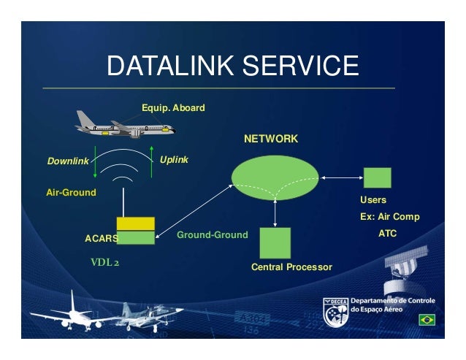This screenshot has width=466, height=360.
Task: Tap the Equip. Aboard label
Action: [x=173, y=108]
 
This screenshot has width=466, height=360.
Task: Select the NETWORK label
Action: [x=271, y=138]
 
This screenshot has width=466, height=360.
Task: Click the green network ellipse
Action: [x=275, y=177]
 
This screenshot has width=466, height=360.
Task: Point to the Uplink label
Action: [x=174, y=158]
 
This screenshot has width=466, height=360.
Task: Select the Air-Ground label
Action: [x=71, y=193]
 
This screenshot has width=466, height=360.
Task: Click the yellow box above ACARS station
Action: [x=136, y=223]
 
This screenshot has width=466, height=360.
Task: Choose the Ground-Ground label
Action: [x=213, y=234]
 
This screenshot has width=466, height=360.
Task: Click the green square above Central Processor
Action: [x=275, y=242]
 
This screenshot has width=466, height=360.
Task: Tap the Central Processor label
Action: [x=291, y=268]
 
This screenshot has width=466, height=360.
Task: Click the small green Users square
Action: [x=378, y=178]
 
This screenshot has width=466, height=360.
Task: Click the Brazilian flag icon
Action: [x=426, y=320]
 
